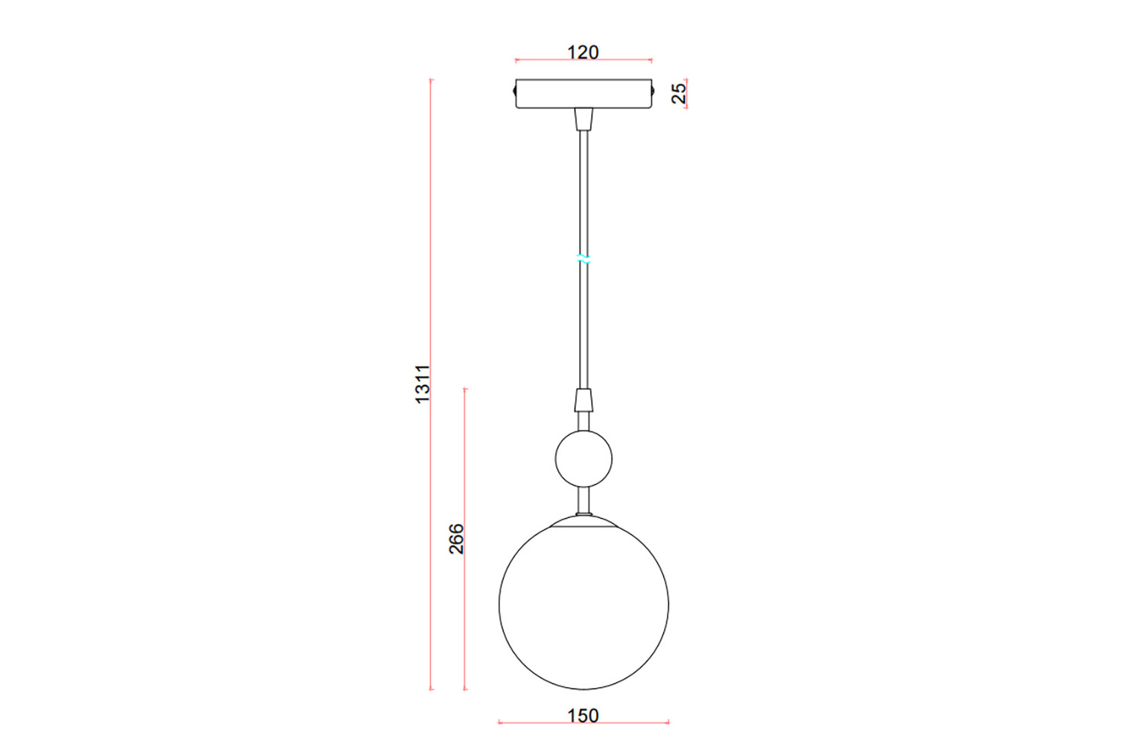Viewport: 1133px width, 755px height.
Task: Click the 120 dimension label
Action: coord(582,52)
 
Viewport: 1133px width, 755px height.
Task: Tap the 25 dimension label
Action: coord(679,93)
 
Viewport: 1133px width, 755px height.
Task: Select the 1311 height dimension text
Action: coord(423,384)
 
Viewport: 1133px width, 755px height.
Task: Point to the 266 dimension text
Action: coord(456,538)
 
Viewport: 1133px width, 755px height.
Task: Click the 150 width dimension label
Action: coord(583,714)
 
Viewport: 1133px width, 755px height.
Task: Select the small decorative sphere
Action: coord(584,458)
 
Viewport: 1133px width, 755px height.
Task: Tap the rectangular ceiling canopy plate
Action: coord(583,94)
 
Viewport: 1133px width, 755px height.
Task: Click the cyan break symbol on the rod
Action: coord(583,259)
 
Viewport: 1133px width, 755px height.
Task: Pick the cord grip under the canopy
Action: coord(583,119)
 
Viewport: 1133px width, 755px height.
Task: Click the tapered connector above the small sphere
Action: coord(583,400)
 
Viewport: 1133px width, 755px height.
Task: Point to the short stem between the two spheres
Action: coord(583,499)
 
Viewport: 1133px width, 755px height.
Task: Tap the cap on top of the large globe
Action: coord(583,521)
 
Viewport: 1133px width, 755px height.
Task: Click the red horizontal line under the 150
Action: coord(583,723)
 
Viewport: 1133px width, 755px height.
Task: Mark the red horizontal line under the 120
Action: coord(583,60)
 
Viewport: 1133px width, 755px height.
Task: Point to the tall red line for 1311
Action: coord(431,528)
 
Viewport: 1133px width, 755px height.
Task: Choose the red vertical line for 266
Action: coord(465,604)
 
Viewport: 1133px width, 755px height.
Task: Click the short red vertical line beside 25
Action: coord(687,94)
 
